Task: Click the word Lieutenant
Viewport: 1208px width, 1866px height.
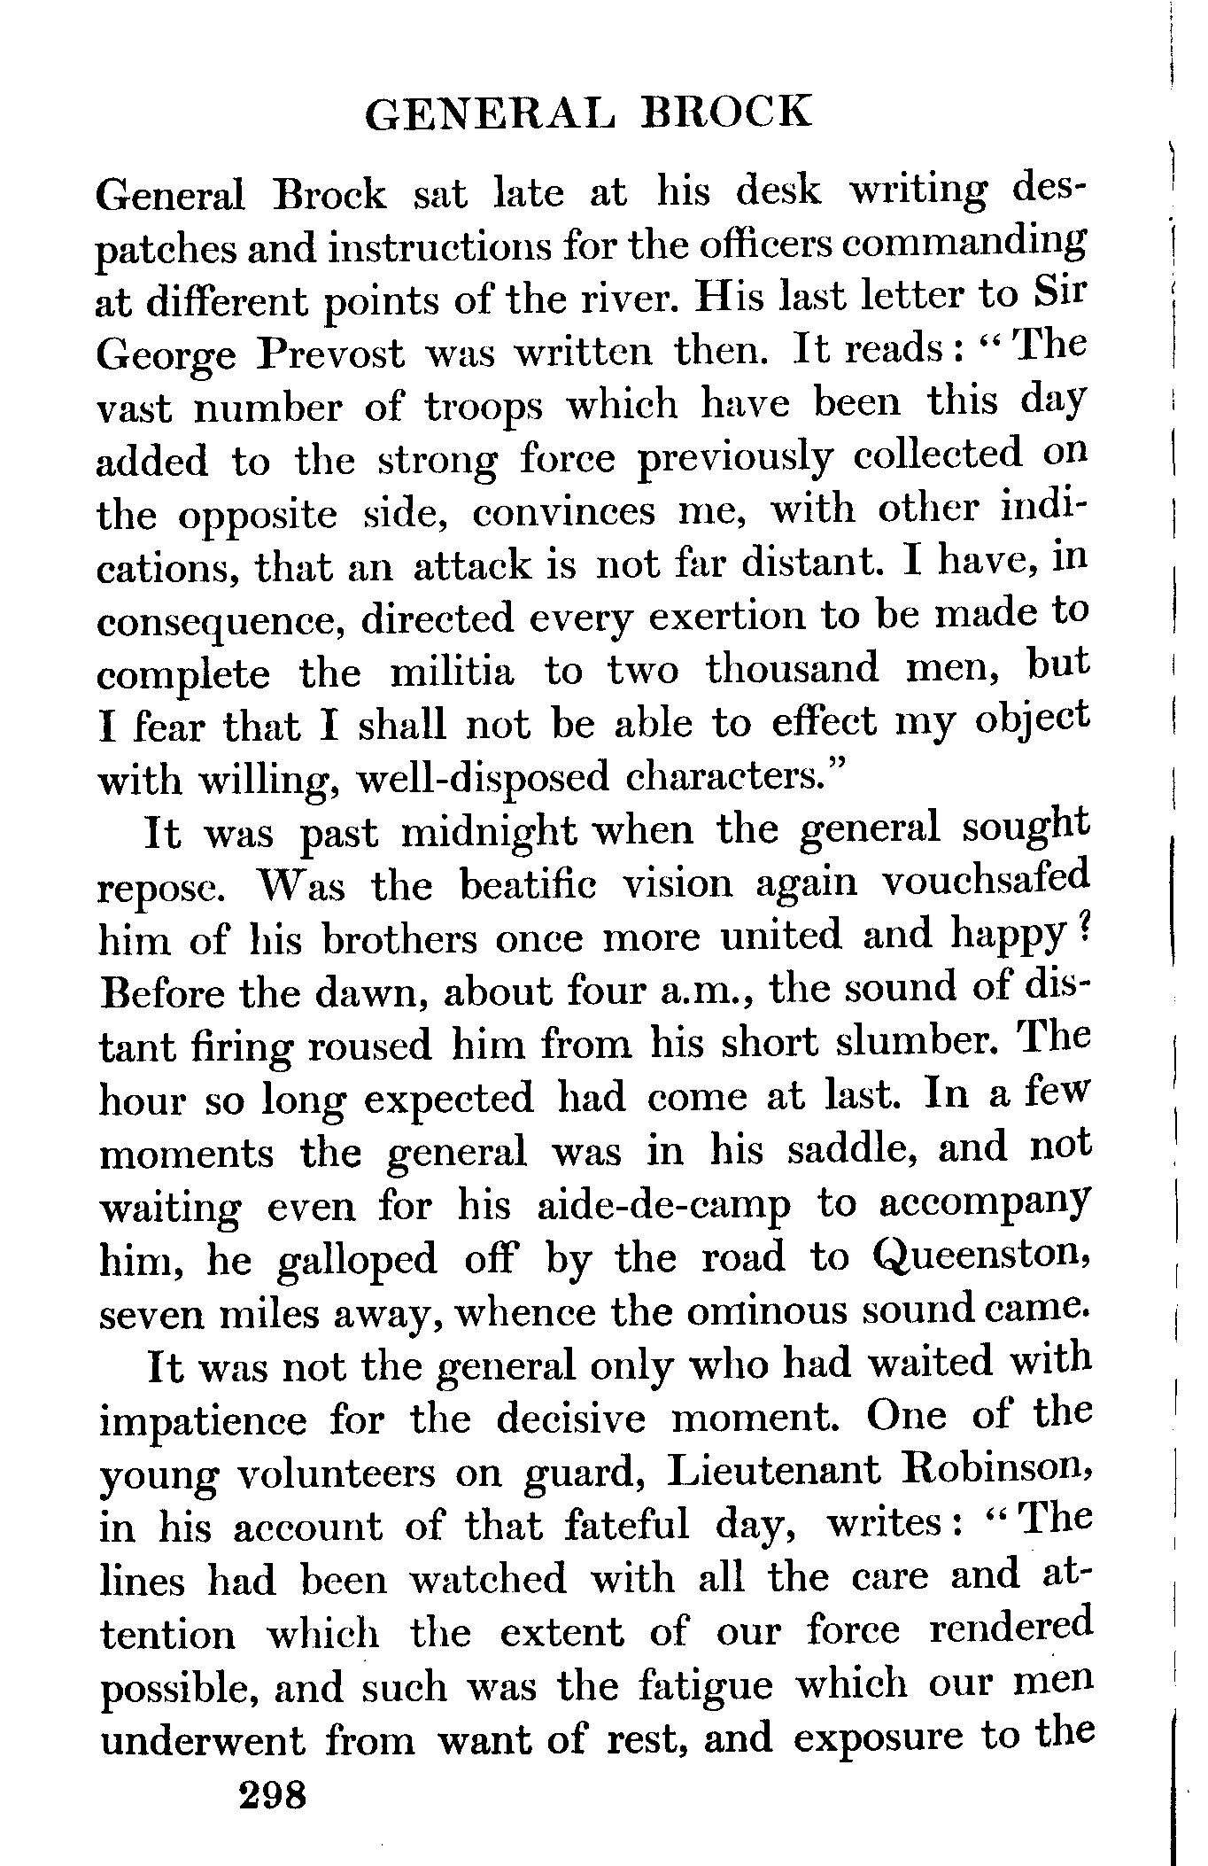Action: pos(774,1473)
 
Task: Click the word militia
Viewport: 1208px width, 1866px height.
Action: pos(452,672)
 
